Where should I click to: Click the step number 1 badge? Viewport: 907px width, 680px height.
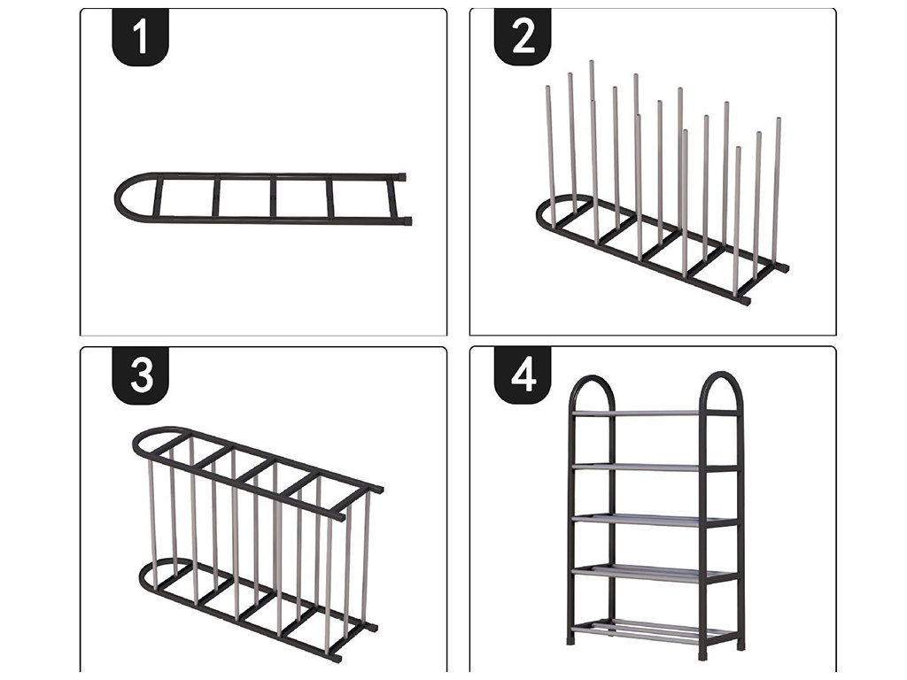point(140,36)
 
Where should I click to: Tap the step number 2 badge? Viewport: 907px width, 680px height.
point(523,36)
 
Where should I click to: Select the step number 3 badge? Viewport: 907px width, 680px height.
point(140,375)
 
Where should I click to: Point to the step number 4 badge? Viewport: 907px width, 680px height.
point(523,375)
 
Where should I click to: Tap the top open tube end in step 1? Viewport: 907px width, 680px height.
point(401,177)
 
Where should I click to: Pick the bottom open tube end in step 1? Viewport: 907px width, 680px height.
point(407,220)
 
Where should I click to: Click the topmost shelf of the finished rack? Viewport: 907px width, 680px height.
point(655,413)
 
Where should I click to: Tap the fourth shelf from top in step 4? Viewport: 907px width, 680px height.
point(655,573)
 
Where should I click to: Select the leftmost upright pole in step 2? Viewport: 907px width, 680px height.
point(551,156)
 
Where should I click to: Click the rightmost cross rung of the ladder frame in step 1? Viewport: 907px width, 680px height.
point(329,199)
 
